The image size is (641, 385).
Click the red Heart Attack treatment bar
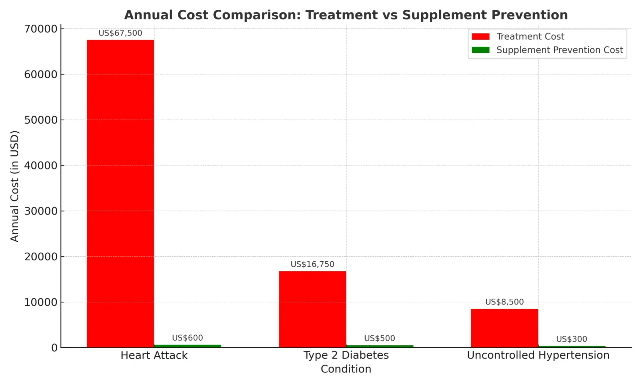click(x=120, y=194)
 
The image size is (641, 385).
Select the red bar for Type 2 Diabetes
click(x=312, y=309)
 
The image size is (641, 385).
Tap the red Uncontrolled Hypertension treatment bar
click(x=504, y=328)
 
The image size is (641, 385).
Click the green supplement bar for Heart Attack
click(x=187, y=346)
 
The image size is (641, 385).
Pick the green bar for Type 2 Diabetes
click(x=379, y=346)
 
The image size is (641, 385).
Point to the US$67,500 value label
click(x=120, y=33)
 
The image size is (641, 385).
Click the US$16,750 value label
click(x=312, y=264)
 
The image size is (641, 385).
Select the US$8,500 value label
click(x=504, y=302)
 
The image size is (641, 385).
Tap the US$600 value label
click(x=187, y=338)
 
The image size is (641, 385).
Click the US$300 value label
click(x=571, y=339)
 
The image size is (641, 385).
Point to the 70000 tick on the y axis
click(x=41, y=29)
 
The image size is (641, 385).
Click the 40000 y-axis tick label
click(x=41, y=166)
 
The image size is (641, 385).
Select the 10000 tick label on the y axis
click(x=41, y=302)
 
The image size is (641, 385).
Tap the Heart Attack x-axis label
click(x=154, y=355)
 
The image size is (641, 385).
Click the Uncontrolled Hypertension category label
click(x=538, y=355)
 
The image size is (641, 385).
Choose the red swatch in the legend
click(x=480, y=36)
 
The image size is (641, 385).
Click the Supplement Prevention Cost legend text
click(x=560, y=50)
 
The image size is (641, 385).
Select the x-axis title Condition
click(x=346, y=369)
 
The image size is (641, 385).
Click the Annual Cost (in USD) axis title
click(x=14, y=186)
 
